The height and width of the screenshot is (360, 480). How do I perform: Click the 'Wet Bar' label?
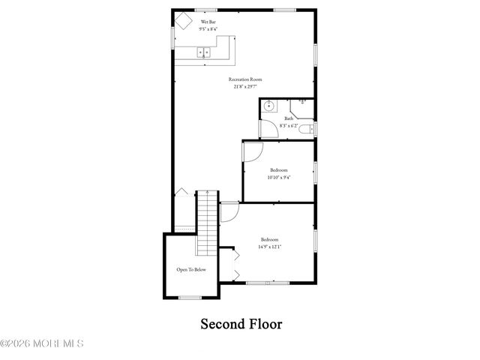[208, 22]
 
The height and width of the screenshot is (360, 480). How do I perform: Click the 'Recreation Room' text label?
[245, 79]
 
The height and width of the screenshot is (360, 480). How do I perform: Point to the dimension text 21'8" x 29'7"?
[245, 86]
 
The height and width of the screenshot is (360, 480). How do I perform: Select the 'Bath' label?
[289, 118]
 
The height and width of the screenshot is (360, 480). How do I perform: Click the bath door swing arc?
[268, 129]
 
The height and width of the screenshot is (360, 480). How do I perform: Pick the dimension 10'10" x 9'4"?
[278, 178]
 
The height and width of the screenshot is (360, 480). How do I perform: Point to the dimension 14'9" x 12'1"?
[270, 247]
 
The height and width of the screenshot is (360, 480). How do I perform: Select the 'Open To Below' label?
[191, 269]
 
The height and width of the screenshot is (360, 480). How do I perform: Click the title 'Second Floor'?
[240, 324]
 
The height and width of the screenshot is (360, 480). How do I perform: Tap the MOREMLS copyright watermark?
[42, 343]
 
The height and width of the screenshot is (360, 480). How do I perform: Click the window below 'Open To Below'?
[190, 298]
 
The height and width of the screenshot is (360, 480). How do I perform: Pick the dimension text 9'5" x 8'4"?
[208, 29]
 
